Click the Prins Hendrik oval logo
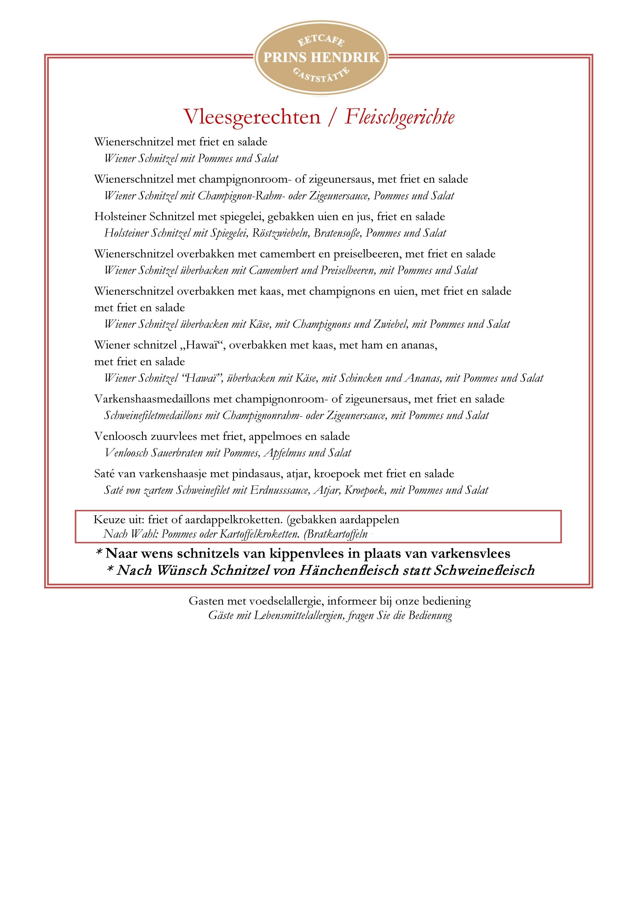coord(321,58)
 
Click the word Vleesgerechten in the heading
coord(252,117)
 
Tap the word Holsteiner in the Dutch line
coord(120,216)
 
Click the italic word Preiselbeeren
coord(347,271)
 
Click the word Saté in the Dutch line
coord(104,474)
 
